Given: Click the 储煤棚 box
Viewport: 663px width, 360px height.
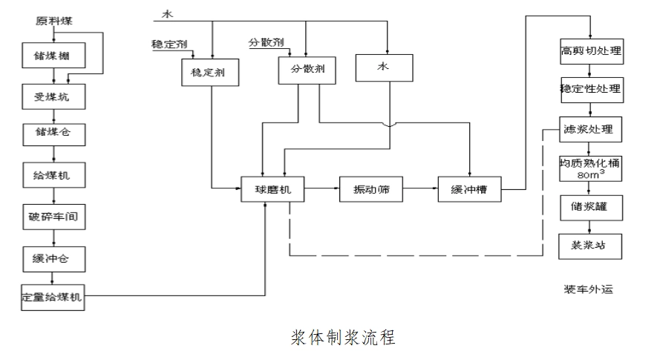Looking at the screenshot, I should [53, 55].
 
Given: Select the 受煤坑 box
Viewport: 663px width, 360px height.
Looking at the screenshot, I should [53, 96].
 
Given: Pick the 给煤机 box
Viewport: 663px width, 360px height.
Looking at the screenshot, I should [53, 177].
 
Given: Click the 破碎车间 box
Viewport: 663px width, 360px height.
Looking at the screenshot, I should [53, 217].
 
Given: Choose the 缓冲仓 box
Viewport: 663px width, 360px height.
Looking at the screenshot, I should [53, 258].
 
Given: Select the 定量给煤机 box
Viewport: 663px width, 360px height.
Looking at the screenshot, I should [53, 298].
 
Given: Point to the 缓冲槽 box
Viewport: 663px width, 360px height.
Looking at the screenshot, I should [468, 190].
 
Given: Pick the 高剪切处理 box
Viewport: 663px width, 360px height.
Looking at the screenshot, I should [590, 52].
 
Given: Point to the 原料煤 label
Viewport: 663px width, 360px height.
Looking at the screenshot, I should [53, 20].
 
